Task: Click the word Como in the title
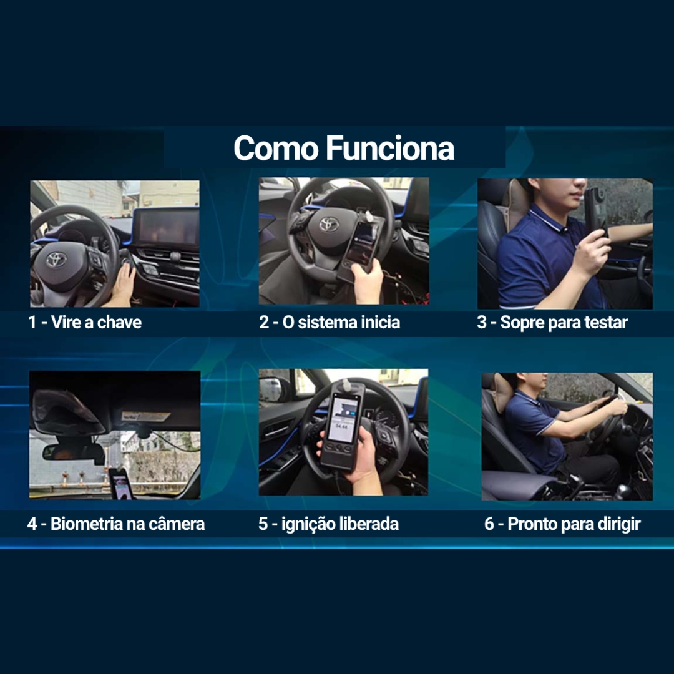[x=275, y=149]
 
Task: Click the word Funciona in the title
[x=390, y=149]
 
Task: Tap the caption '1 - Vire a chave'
[x=85, y=323]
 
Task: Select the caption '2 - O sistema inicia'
[x=330, y=323]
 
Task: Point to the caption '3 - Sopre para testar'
[x=552, y=323]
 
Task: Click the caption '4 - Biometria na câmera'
[x=116, y=524]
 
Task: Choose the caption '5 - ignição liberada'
[x=328, y=524]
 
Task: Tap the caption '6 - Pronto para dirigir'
[x=563, y=524]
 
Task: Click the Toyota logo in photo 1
[x=56, y=259]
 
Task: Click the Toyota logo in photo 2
[x=329, y=224]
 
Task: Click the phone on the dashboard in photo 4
[x=120, y=484]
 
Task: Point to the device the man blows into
[x=595, y=211]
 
